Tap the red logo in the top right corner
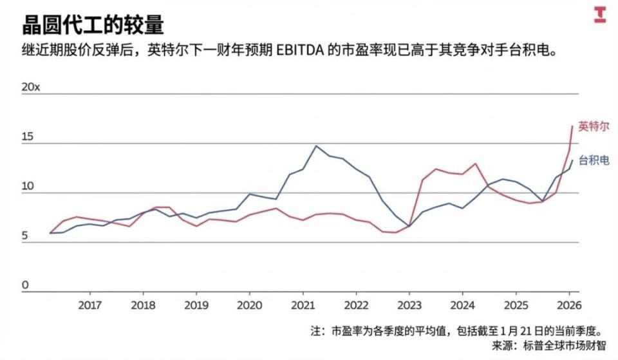pos(599,15)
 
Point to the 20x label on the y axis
pos(31,87)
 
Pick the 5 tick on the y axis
pos(26,236)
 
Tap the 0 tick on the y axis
pos(26,285)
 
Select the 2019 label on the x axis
pos(196,305)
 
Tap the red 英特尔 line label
pos(593,126)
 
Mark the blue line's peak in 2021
pos(316,146)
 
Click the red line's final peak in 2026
pos(572,126)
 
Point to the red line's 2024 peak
pos(476,164)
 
